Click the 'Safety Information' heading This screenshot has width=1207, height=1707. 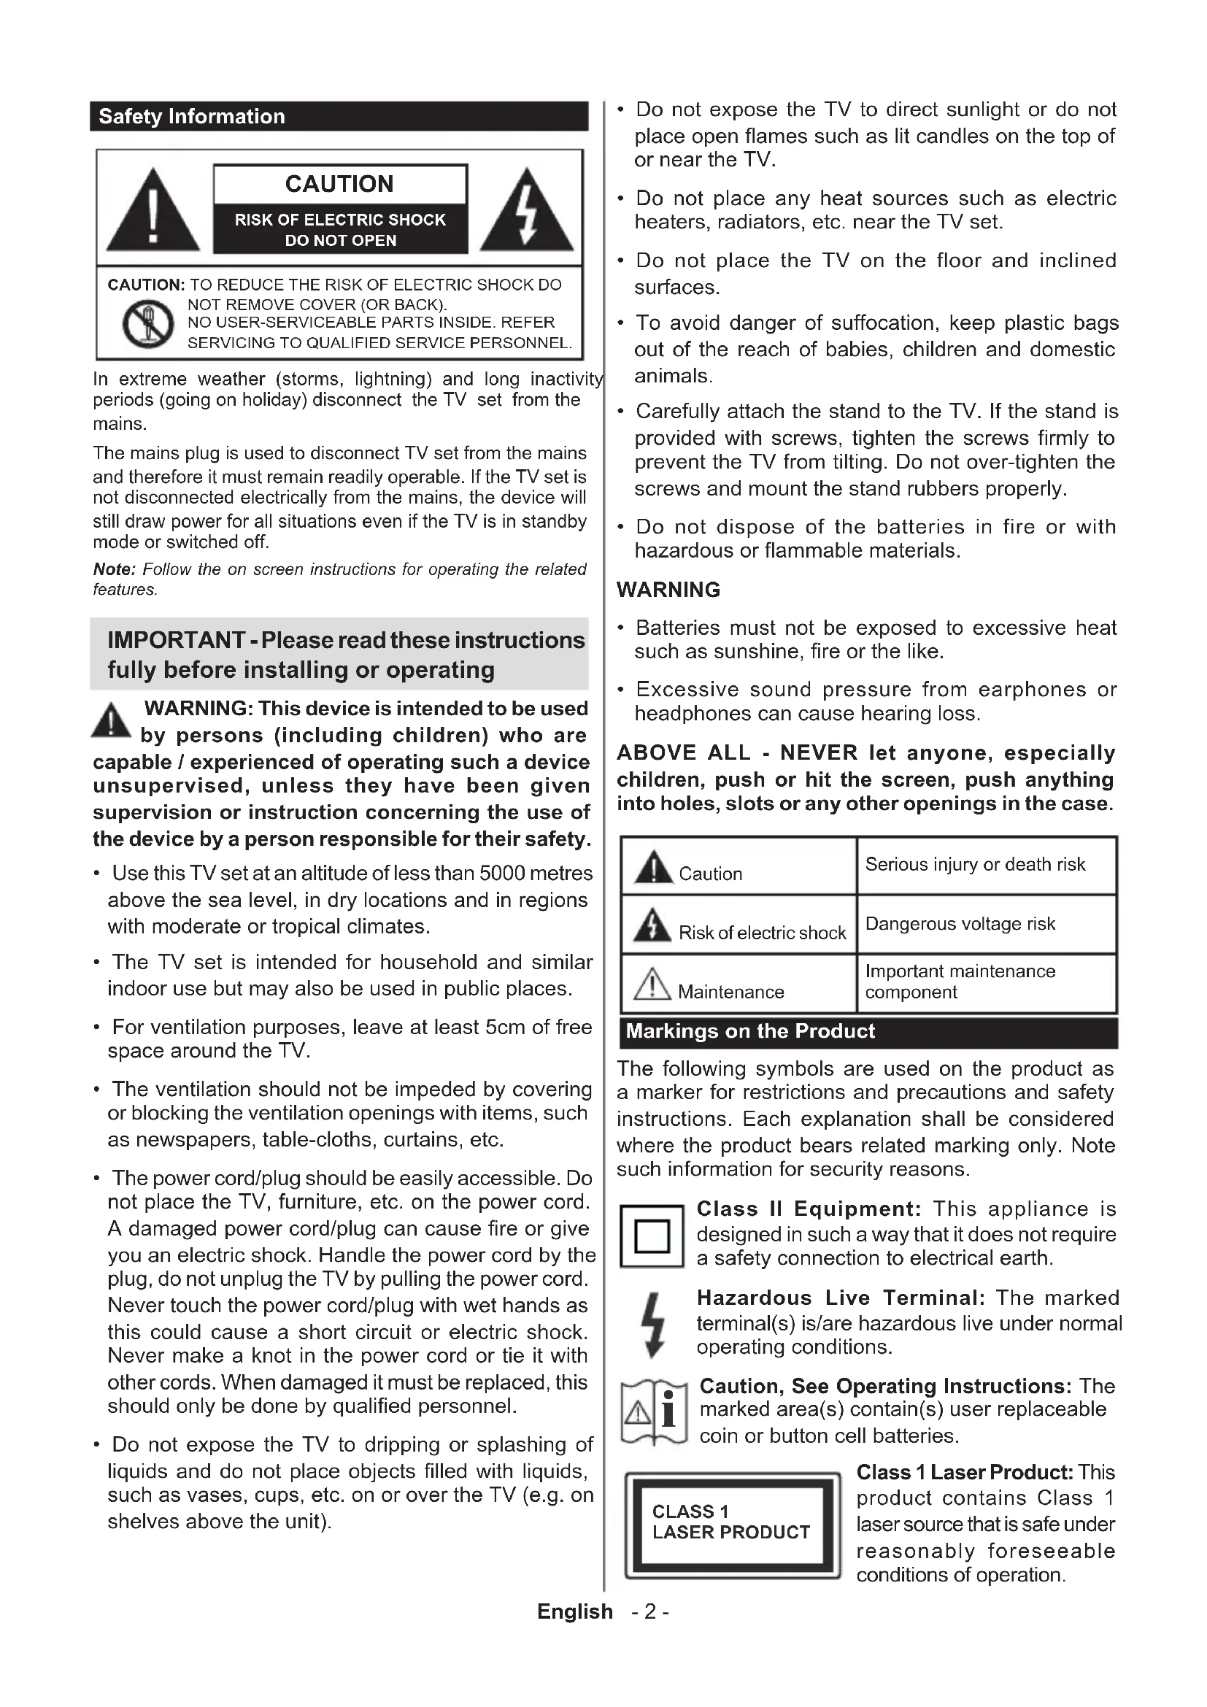192,117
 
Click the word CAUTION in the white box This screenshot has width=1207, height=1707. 339,184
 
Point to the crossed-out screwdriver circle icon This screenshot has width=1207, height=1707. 148,323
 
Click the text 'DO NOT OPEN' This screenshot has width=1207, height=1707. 340,240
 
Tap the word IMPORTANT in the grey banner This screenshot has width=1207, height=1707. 176,640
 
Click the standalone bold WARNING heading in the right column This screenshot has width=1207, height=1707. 668,590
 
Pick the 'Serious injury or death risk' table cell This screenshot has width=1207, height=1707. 974,864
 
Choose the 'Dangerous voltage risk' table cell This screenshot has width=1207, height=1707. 960,923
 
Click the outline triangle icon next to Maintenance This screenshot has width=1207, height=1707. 652,984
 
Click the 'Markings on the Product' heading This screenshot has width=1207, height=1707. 750,1031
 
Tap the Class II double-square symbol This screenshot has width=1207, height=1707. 652,1236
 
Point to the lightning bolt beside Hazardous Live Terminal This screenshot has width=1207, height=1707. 652,1324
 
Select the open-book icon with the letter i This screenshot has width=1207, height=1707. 653,1412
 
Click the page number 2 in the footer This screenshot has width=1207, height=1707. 650,1612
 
